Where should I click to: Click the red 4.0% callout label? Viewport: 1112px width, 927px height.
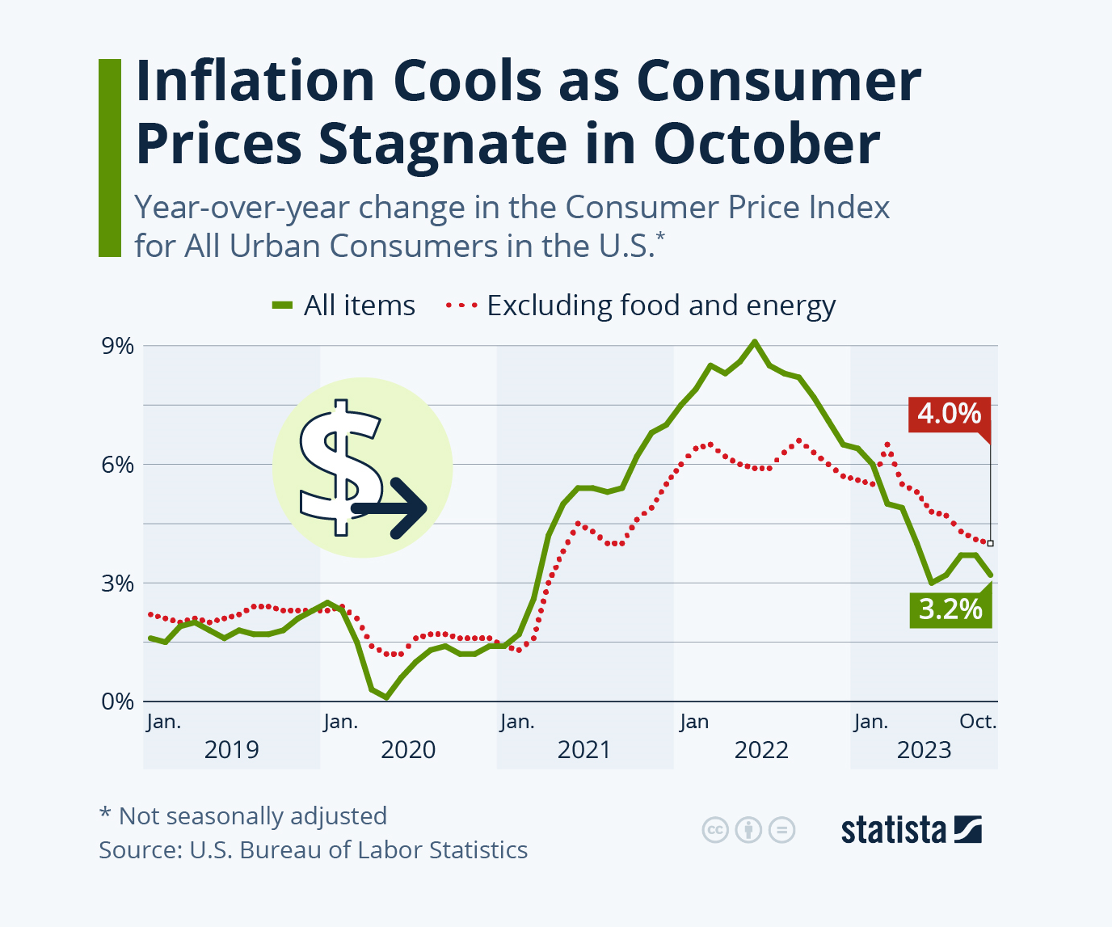949,414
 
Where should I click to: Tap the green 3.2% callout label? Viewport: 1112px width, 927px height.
950,609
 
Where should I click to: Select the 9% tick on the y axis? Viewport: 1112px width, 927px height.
118,346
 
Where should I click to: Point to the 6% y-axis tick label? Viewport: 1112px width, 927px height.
118,465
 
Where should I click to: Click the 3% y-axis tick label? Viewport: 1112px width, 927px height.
118,583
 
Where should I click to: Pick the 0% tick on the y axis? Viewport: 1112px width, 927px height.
118,701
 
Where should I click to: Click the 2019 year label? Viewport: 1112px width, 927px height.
232,750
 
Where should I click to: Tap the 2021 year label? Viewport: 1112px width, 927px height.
584,750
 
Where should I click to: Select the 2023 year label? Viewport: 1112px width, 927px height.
924,750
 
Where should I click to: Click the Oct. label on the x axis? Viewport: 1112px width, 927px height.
978,721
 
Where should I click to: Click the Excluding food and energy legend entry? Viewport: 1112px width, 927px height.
641,305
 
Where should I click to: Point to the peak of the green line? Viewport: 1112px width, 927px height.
755,342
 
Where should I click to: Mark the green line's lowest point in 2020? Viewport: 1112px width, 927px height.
386,696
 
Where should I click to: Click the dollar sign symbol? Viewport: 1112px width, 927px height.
339,466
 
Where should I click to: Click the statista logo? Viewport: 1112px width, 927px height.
911,830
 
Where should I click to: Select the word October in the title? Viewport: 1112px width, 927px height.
766,144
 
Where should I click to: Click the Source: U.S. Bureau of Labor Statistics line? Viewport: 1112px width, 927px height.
313,850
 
